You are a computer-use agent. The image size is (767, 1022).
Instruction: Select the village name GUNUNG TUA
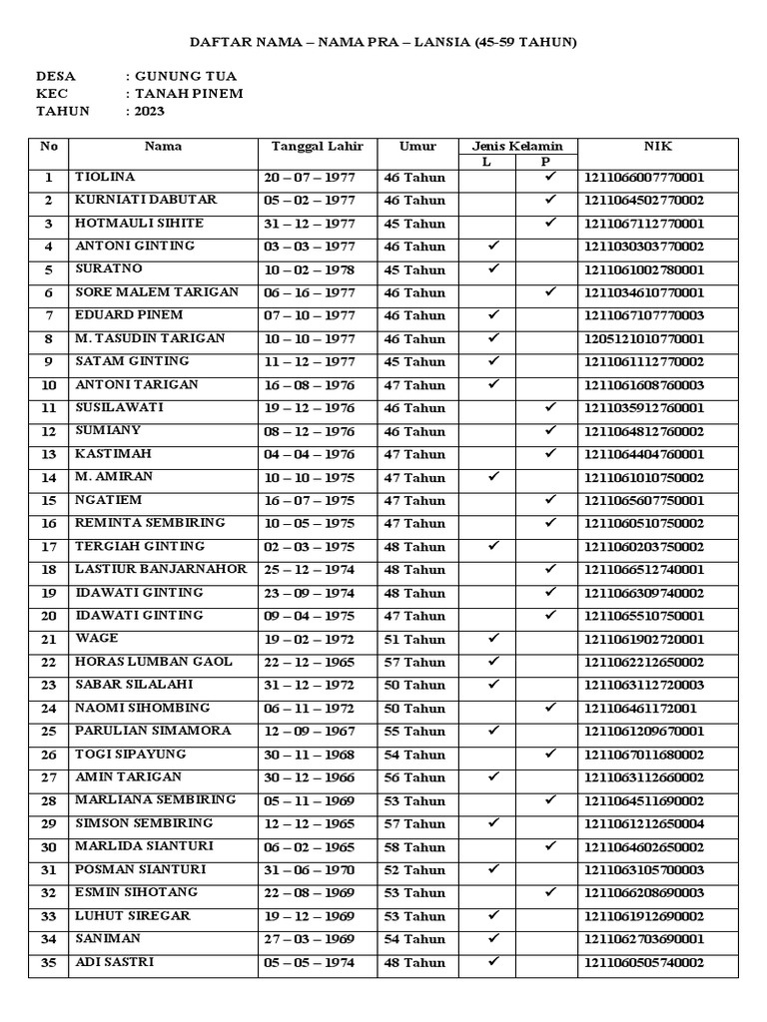point(187,76)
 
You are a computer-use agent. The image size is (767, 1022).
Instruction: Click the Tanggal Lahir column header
point(318,147)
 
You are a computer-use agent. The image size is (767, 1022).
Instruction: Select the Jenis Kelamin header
point(517,147)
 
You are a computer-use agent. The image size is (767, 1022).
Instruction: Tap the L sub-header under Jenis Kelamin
point(486,162)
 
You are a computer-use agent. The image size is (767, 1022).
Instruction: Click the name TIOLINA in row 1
point(105,178)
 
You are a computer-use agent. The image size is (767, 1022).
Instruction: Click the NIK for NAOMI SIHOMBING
point(640,709)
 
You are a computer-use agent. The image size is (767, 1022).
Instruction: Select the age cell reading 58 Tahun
point(414,847)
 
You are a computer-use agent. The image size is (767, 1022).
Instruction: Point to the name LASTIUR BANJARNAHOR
point(160,569)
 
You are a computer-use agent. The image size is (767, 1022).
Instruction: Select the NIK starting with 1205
point(644,339)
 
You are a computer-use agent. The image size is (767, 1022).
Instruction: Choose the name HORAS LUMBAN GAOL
point(154,662)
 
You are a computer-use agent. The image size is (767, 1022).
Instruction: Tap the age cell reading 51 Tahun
point(414,639)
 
